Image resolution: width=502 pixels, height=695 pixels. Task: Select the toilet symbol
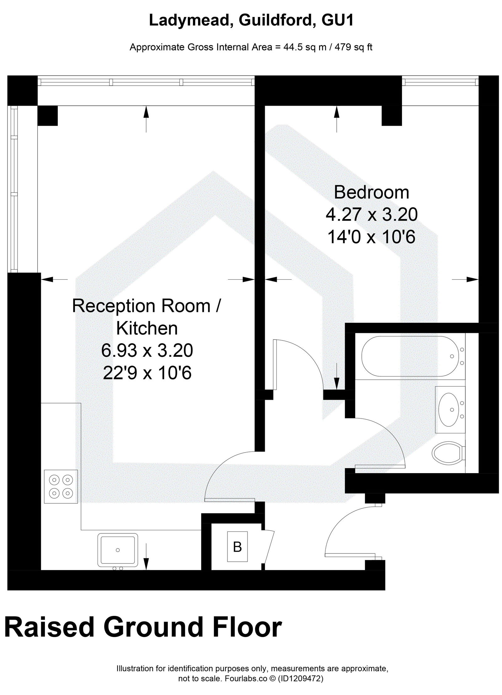(x=447, y=452)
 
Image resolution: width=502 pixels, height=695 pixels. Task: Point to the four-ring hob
(x=61, y=487)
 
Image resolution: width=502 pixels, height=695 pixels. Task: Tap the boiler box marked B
(x=238, y=547)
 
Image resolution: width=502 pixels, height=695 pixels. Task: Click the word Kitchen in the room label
(x=147, y=329)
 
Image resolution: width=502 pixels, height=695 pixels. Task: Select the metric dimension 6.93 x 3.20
(x=147, y=350)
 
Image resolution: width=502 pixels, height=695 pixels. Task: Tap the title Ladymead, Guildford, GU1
(x=251, y=21)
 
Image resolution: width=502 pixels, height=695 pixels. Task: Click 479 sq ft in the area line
(x=354, y=47)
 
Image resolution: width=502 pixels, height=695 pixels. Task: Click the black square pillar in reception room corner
(x=47, y=115)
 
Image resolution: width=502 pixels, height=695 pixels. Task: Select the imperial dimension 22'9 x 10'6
(x=147, y=373)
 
